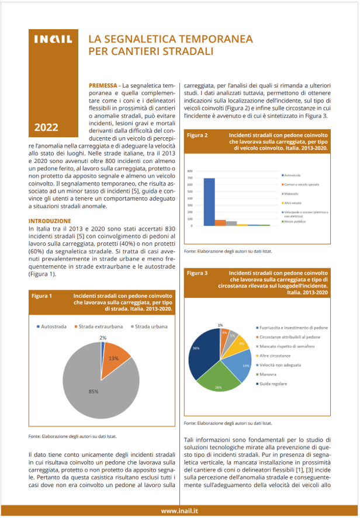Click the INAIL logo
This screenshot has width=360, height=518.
pyautogui.click(x=53, y=40)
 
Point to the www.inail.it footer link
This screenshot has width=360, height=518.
pyautogui.click(x=179, y=510)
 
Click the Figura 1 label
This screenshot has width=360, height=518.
pyautogui.click(x=42, y=296)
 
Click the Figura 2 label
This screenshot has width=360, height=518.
pyautogui.click(x=198, y=135)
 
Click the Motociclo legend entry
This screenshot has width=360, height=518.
pyautogui.click(x=292, y=193)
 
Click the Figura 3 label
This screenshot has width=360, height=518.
pyautogui.click(x=198, y=273)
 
